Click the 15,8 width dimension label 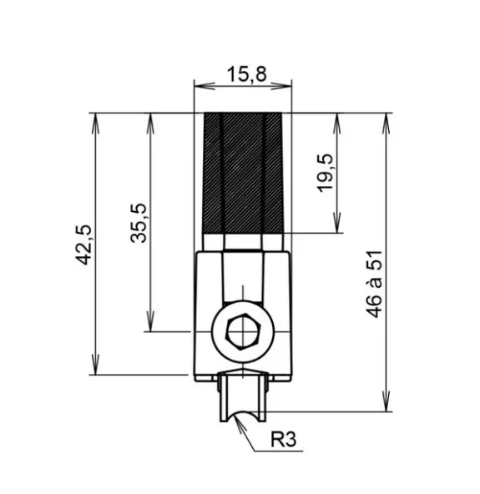tap(247, 74)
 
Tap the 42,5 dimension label tap(83, 244)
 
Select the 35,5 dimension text tap(139, 223)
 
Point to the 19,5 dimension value tap(324, 173)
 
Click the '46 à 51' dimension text tap(374, 284)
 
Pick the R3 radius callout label tap(283, 439)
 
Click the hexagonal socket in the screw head tap(243, 332)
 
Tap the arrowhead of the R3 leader tap(240, 422)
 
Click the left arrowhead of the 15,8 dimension tap(205, 86)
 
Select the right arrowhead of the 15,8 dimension tap(281, 86)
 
